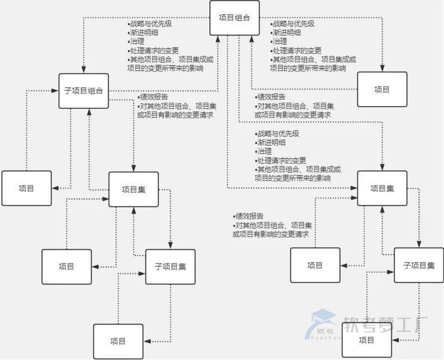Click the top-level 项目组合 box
tap(234, 18)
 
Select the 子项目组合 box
tap(83, 91)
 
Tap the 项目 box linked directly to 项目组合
tap(382, 89)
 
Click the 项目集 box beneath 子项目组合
tap(133, 189)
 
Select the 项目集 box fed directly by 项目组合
tap(382, 188)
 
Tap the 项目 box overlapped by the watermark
tap(366, 340)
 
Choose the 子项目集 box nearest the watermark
tap(419, 265)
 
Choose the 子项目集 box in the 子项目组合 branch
tap(170, 266)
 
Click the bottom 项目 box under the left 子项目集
tap(118, 341)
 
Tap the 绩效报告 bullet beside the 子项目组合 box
tap(153, 97)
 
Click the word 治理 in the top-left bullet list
tap(136, 41)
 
